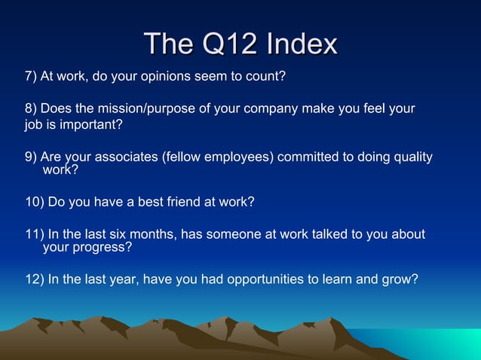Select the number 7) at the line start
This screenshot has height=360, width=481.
pyautogui.click(x=31, y=77)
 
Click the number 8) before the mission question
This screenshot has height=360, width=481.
pyautogui.click(x=31, y=108)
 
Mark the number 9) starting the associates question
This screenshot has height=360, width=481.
pyautogui.click(x=31, y=157)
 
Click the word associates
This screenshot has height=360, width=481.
pyautogui.click(x=122, y=157)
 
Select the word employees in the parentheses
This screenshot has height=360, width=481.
pyautogui.click(x=240, y=157)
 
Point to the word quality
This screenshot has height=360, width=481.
pyautogui.click(x=409, y=157)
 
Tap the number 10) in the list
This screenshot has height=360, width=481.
pyautogui.click(x=34, y=202)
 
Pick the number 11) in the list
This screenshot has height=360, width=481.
pyautogui.click(x=34, y=234)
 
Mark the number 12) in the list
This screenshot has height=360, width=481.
pyautogui.click(x=34, y=279)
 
